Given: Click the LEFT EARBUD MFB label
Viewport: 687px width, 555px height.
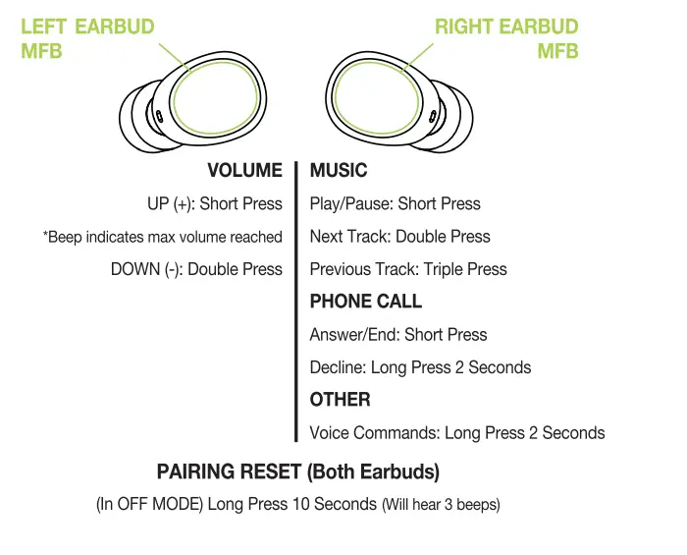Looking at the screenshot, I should [x=86, y=37].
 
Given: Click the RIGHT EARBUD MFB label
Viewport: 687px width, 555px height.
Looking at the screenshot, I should [x=506, y=37].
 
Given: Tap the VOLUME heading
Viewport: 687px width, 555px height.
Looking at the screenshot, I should [x=244, y=171].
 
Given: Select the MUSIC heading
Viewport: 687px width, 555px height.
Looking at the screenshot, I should [x=339, y=171].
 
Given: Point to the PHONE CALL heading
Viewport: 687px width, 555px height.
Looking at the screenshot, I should [x=365, y=302].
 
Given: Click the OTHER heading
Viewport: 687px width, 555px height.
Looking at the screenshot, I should [x=340, y=400].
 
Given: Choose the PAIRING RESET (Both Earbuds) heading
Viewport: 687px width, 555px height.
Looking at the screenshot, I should [x=297, y=472].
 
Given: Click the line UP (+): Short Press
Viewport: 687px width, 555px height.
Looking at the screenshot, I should [x=214, y=204].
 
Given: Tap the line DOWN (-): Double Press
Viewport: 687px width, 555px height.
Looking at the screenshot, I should [x=196, y=269].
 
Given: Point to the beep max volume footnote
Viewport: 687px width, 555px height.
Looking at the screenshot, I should [x=163, y=237].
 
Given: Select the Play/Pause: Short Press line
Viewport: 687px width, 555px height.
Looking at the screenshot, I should [x=395, y=204].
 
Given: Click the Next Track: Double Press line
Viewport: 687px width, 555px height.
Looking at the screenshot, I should [x=399, y=237].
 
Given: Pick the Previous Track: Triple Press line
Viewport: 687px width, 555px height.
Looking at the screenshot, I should [x=408, y=269].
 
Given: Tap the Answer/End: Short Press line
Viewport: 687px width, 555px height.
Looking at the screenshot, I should [x=397, y=335].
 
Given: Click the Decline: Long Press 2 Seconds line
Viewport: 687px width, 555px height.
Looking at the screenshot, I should [x=420, y=367].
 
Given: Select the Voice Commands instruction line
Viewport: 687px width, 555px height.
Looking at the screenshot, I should [x=456, y=433].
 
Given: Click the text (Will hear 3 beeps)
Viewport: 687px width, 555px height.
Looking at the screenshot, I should [x=441, y=505].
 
